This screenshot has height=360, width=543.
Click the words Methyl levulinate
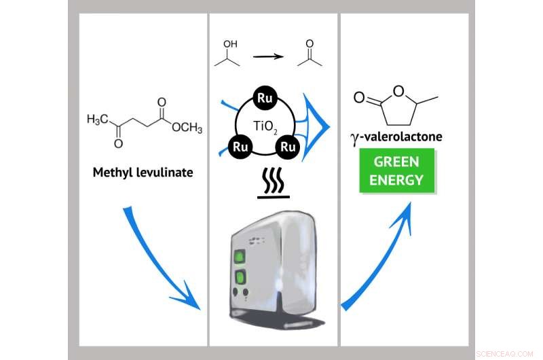(143, 173)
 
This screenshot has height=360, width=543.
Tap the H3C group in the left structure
(100, 120)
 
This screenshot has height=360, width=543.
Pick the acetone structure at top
(309, 54)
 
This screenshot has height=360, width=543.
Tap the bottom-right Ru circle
(288, 146)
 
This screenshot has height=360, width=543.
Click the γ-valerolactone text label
(396, 137)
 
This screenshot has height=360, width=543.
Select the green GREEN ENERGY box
(397, 171)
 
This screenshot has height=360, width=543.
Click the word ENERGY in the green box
(397, 180)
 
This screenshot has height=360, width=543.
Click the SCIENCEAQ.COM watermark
(506, 354)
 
